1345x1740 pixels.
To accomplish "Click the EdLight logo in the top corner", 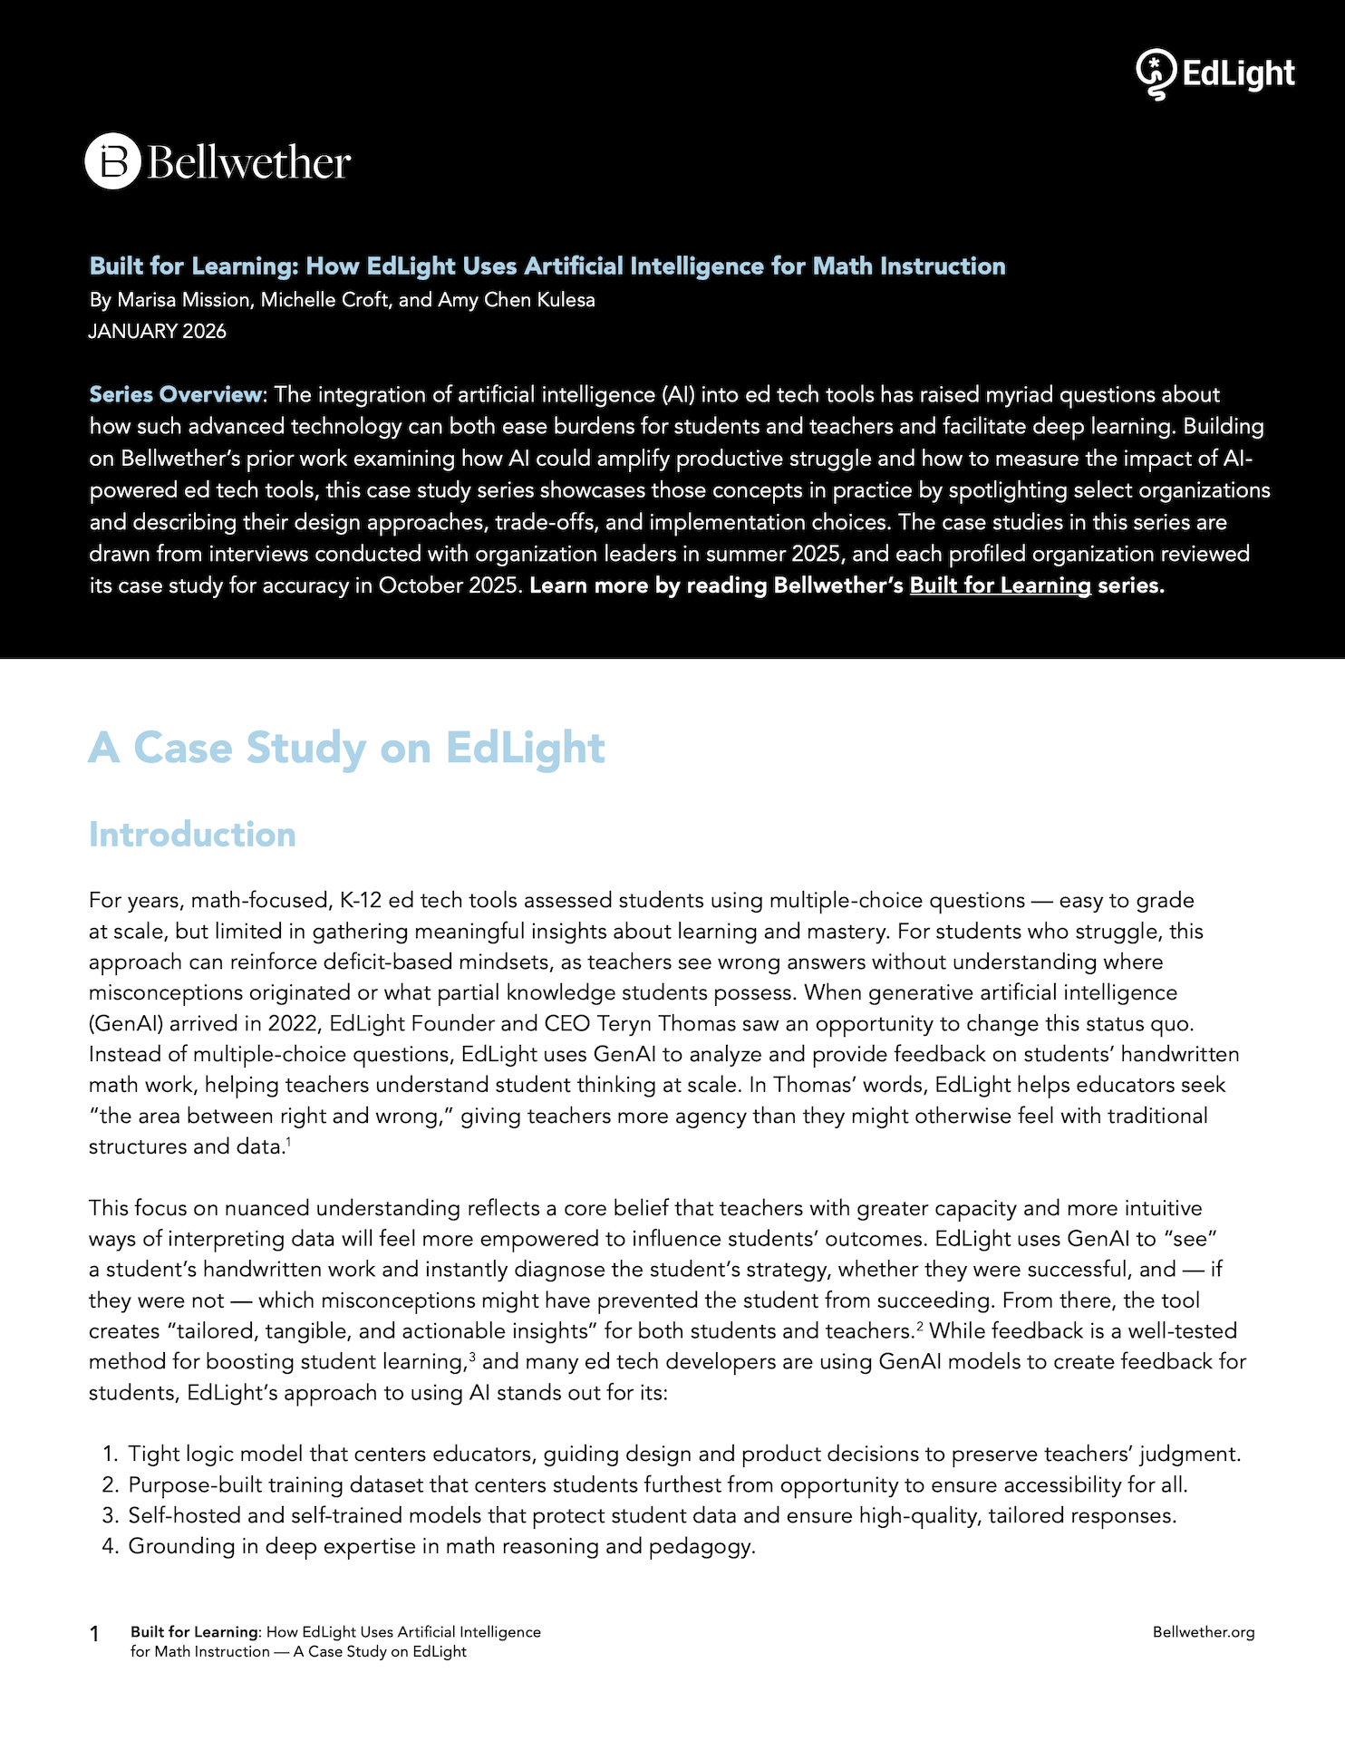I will tap(1214, 73).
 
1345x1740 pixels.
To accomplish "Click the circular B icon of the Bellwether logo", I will tap(113, 161).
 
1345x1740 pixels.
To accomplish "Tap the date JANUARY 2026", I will tap(157, 332).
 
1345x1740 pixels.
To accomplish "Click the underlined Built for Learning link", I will tap(1000, 585).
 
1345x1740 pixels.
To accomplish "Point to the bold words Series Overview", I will tap(175, 395).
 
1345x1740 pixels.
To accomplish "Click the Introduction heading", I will tap(192, 835).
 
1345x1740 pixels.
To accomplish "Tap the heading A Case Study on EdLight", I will tap(346, 748).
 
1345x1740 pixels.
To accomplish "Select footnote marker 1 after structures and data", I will tap(288, 1142).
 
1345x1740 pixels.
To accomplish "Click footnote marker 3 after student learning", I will tap(473, 1357).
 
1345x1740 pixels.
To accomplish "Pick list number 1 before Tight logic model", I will tap(110, 1455).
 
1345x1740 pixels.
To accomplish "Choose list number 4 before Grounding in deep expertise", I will tap(110, 1547).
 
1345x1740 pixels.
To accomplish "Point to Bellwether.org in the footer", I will tap(1203, 1632).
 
